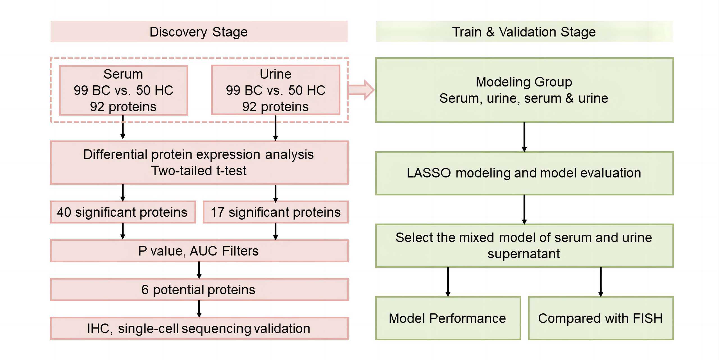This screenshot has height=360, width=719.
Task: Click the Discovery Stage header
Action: [199, 32]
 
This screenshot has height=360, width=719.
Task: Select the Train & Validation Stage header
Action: [524, 32]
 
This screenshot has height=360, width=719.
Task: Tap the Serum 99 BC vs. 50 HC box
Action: [123, 90]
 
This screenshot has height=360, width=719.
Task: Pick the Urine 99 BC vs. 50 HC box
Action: [276, 90]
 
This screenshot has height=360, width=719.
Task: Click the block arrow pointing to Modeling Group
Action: [361, 90]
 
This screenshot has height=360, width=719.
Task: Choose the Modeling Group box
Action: [524, 90]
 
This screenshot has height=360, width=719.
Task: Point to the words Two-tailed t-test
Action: [199, 171]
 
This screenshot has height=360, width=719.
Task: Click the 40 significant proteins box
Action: [122, 212]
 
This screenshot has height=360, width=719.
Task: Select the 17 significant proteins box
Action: [276, 212]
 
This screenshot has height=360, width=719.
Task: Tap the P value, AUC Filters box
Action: [199, 251]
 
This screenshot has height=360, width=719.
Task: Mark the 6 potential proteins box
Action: [199, 290]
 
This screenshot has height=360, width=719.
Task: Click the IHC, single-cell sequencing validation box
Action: [199, 328]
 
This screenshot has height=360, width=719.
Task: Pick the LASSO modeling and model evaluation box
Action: [524, 173]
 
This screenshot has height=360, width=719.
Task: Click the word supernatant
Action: [524, 254]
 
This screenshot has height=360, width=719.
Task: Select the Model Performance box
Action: [448, 318]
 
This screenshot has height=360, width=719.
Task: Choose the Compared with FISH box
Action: [600, 318]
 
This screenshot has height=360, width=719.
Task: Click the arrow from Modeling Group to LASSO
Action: [524, 137]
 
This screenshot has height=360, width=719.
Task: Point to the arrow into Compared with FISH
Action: [601, 282]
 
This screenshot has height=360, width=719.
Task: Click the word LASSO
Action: [429, 173]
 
